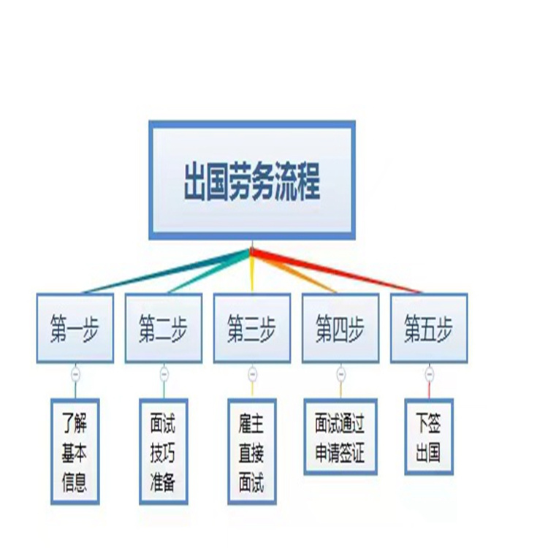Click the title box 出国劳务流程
(252, 180)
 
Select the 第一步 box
(75, 328)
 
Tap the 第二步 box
(164, 328)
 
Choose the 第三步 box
(252, 328)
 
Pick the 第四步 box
(340, 328)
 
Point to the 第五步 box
(429, 328)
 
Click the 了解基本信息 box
(75, 452)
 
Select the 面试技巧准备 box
(164, 452)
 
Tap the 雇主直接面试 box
(252, 452)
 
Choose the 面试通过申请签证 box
(340, 437)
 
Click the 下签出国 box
(429, 437)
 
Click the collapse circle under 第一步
(75, 374)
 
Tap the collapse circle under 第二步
(164, 374)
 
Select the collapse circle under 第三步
(252, 374)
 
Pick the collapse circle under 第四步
(341, 374)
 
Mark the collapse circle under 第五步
(430, 374)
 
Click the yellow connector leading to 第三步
(251, 271)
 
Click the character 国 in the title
(218, 181)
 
